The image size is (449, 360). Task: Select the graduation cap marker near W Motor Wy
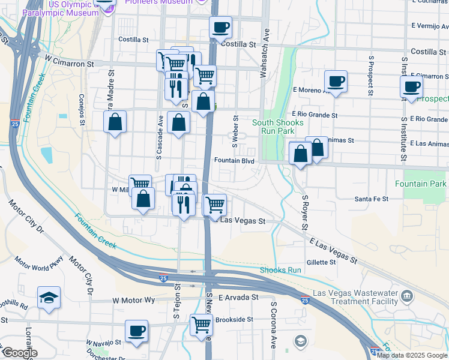[x=49, y=298]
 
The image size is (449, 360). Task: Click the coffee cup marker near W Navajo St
[x=136, y=331]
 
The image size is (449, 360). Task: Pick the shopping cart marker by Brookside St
[x=201, y=325]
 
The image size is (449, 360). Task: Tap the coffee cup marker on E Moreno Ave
[x=336, y=81]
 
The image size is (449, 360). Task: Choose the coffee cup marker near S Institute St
[x=411, y=86]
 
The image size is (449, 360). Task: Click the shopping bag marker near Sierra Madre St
[x=115, y=122]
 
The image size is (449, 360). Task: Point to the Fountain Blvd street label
[x=236, y=161]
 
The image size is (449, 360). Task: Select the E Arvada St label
[x=238, y=297]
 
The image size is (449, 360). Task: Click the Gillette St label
[x=321, y=262]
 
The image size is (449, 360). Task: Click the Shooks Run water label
[x=280, y=270]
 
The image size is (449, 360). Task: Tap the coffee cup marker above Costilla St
[x=220, y=27]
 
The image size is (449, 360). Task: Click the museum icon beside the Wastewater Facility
[x=408, y=295]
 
